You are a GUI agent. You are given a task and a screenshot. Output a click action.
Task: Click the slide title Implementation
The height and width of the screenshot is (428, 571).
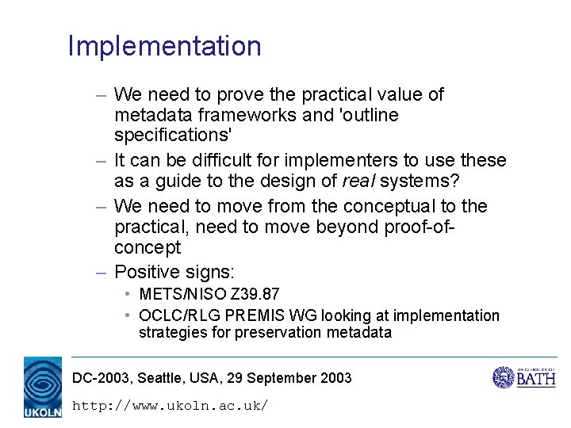point(164,46)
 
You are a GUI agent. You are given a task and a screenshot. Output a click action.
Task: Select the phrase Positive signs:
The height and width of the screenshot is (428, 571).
point(174,273)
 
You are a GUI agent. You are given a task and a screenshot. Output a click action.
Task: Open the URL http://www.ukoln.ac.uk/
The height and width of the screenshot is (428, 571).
point(170,405)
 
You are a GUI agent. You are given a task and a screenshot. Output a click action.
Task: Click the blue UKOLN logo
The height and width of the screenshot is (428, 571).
point(43,386)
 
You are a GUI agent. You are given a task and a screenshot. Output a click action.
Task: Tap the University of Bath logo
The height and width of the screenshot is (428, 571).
point(524,376)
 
